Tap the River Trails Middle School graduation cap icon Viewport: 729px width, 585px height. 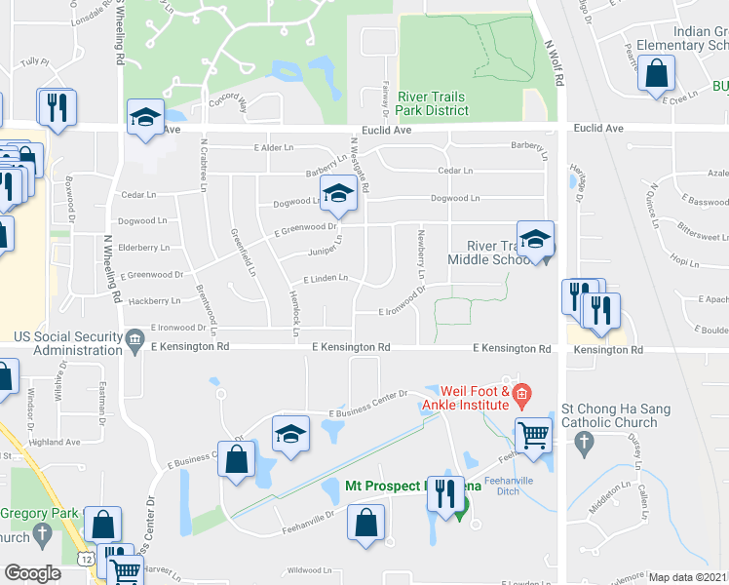point(534,239)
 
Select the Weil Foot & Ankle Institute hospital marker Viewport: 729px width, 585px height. point(521,396)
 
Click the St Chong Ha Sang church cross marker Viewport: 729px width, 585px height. point(584,446)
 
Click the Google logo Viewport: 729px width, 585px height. point(32,573)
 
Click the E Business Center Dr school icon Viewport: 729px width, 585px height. point(290,434)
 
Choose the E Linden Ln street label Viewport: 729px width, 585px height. point(326,278)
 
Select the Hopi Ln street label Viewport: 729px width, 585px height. point(679,259)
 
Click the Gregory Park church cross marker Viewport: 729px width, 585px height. point(41,533)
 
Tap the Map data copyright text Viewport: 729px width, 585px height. point(688,577)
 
